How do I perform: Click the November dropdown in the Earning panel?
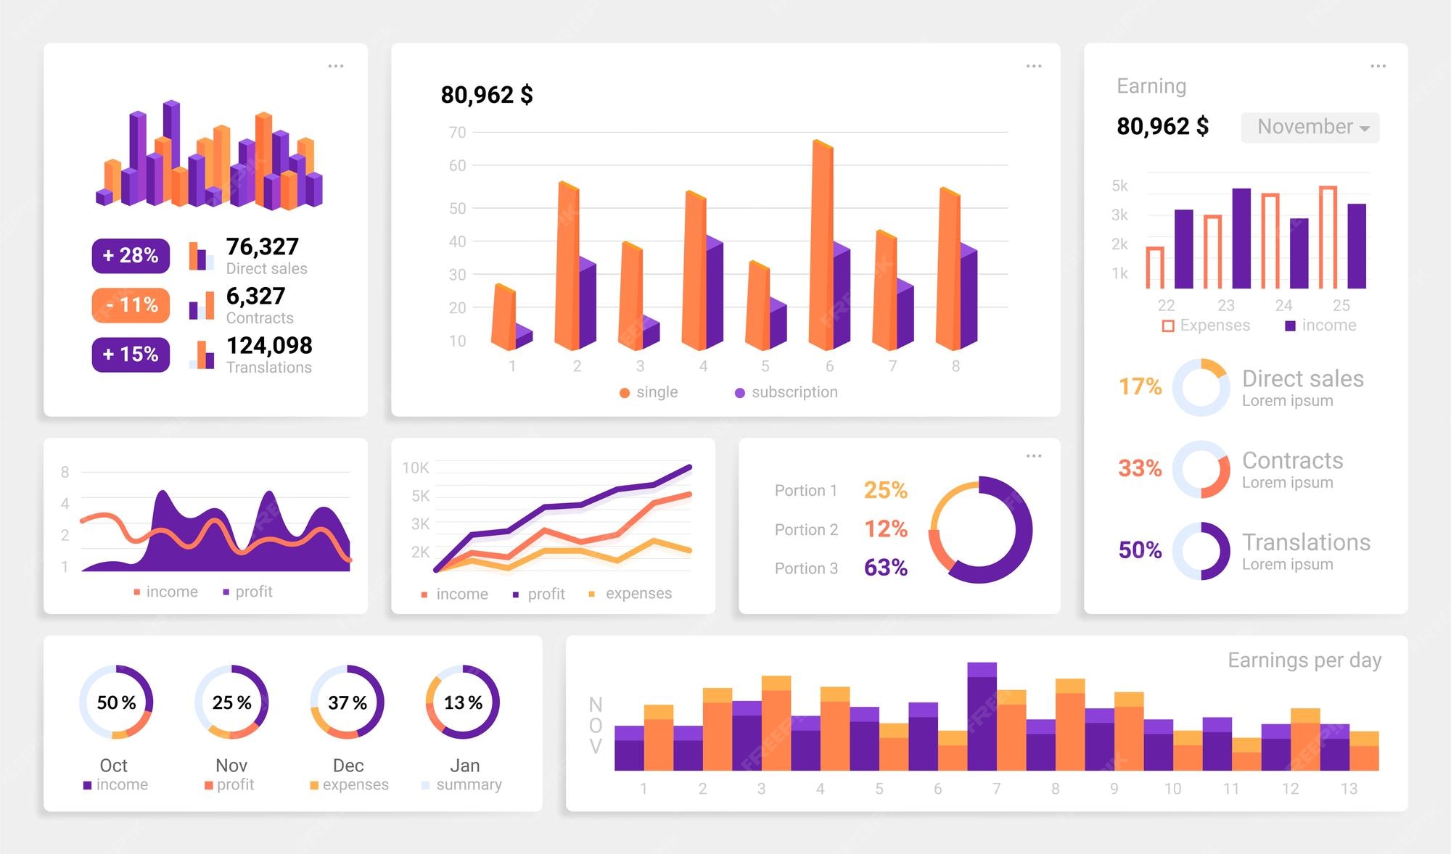[x=1310, y=128]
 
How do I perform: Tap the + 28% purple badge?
[x=131, y=256]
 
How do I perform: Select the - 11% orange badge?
[x=131, y=305]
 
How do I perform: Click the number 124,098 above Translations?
[x=269, y=346]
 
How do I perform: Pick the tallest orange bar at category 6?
[x=821, y=246]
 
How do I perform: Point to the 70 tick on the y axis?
[x=457, y=133]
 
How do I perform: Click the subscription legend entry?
[x=786, y=392]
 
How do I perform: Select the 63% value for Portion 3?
[x=885, y=568]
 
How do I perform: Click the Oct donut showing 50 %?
[x=116, y=702]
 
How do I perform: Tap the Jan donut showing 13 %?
[x=463, y=702]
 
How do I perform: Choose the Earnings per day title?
[x=1304, y=660]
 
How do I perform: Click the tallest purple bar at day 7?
[x=982, y=718]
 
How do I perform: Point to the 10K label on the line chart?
[x=416, y=468]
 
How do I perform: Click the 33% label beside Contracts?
[x=1139, y=468]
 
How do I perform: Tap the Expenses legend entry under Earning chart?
[x=1206, y=326]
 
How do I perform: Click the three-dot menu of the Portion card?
[x=1034, y=456]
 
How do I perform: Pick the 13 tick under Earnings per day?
[x=1348, y=789]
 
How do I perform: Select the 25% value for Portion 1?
[x=885, y=491]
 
